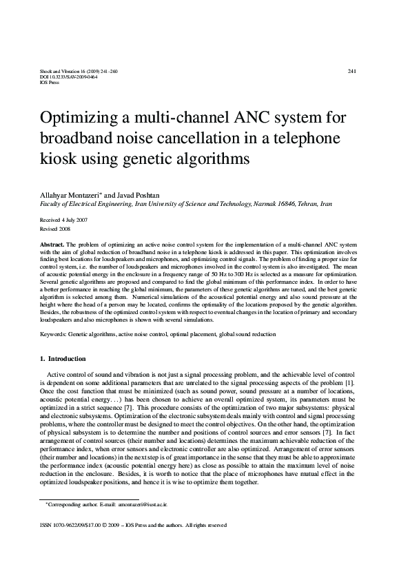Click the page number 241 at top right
pyautogui.click(x=351, y=72)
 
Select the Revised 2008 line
pyautogui.click(x=54, y=229)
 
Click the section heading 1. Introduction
pyautogui.click(x=63, y=359)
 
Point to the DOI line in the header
pyautogui.click(x=59, y=77)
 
